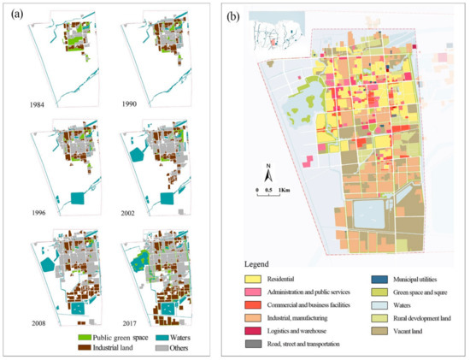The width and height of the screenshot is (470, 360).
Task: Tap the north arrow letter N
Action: (x=267, y=165)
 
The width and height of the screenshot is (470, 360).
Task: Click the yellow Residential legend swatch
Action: (x=255, y=279)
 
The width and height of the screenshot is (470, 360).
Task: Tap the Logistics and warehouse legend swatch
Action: (x=255, y=330)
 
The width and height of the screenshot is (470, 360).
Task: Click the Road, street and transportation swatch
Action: (x=255, y=343)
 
